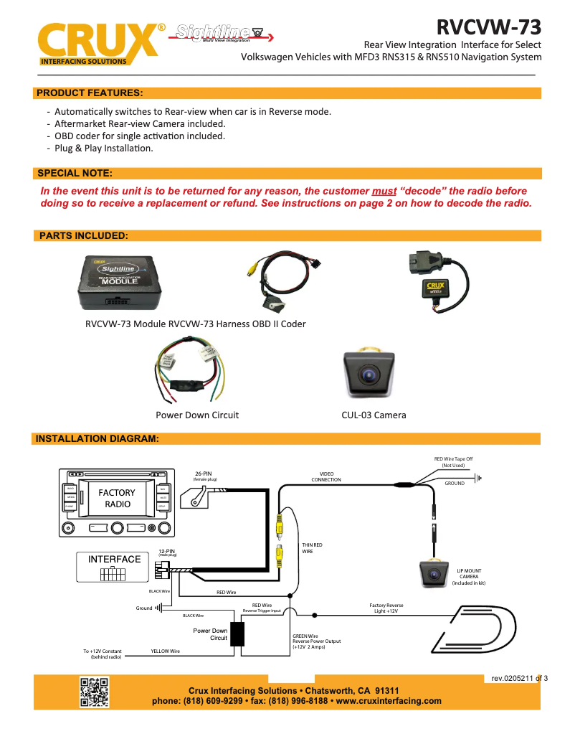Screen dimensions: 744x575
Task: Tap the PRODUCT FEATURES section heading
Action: tap(90, 93)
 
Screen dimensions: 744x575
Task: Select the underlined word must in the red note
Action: tap(384, 192)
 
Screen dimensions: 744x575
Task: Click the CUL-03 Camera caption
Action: tap(374, 415)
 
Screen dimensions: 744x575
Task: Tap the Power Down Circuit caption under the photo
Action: tap(197, 415)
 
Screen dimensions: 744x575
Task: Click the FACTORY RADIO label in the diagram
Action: tap(117, 498)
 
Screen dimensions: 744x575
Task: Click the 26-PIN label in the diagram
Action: tap(204, 474)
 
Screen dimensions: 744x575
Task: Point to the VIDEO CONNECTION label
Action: tap(326, 477)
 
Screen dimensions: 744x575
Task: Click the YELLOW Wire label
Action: tap(165, 651)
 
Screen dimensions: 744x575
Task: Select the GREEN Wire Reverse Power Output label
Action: tap(316, 641)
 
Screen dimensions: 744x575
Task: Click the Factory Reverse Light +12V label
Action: tap(386, 608)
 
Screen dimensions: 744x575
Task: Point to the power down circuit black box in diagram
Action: tap(237, 634)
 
